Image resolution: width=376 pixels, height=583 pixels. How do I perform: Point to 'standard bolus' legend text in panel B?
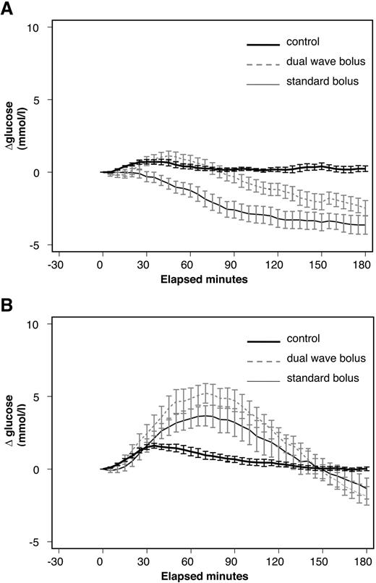[x=322, y=378]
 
